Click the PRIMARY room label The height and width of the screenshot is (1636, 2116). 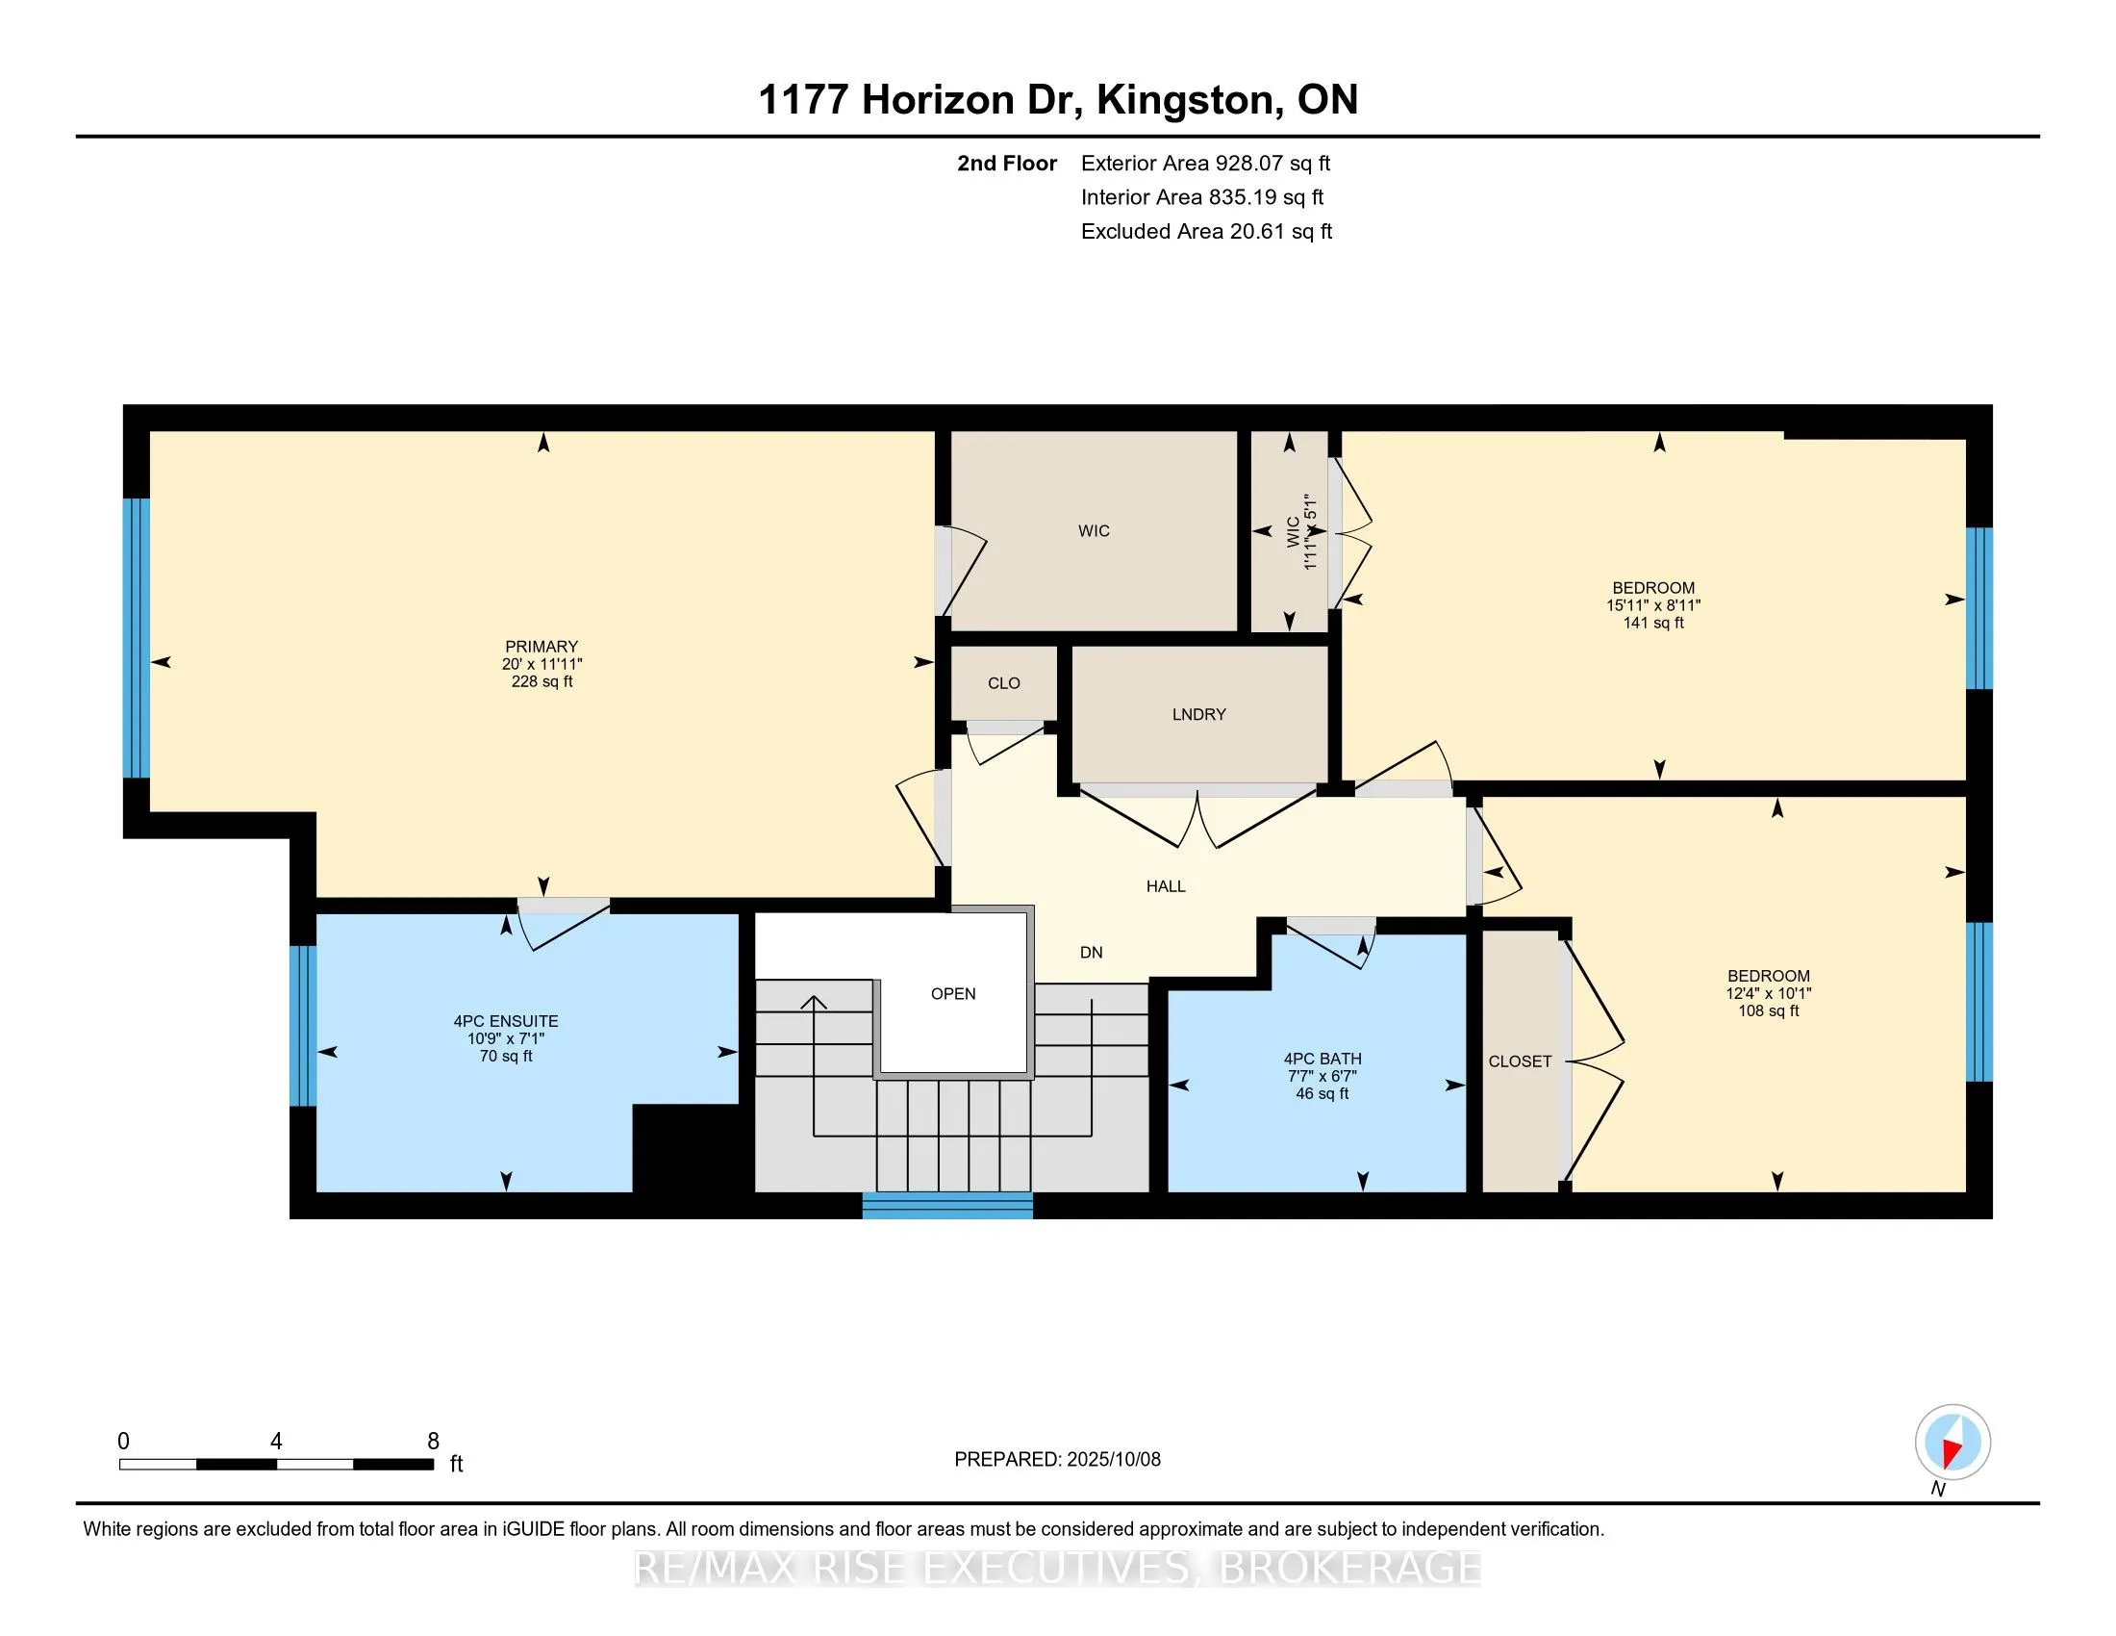[542, 647]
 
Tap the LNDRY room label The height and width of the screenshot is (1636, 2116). [1198, 714]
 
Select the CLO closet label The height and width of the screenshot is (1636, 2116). [1004, 683]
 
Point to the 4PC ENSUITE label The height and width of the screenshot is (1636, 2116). [506, 1021]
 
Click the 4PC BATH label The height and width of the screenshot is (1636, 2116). [1322, 1060]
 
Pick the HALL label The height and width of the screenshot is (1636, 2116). [1166, 885]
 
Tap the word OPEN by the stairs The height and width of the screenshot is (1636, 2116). [953, 993]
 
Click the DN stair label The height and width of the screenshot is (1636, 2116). [1092, 952]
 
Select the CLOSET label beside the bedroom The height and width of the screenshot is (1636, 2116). [1520, 1061]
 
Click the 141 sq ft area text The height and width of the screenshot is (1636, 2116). [1654, 624]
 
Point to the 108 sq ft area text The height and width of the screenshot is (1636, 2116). [1768, 1010]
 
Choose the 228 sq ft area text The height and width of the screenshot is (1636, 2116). [542, 681]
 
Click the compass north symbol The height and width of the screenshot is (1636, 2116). [1952, 1442]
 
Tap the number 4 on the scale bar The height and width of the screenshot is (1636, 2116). [276, 1442]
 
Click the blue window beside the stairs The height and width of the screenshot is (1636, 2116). [947, 1205]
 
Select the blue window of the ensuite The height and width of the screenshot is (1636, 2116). [303, 1026]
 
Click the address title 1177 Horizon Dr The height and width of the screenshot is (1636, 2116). [921, 100]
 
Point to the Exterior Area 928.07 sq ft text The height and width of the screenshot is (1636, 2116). [1205, 163]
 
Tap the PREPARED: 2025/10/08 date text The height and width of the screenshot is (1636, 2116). [1057, 1460]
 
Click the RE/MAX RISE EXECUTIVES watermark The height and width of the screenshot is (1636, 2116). [1058, 1567]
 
